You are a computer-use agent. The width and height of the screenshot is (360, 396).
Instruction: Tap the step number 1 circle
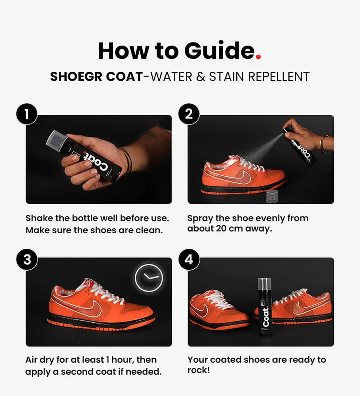click(27, 114)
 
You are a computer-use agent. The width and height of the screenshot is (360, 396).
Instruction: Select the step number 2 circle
click(189, 114)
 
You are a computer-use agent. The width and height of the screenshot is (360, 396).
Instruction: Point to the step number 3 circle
click(27, 259)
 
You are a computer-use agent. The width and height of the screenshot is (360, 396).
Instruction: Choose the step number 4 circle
click(189, 259)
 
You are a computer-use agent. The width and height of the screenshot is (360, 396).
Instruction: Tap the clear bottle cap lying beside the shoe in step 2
click(272, 197)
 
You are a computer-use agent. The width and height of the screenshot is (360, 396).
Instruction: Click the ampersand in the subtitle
click(200, 77)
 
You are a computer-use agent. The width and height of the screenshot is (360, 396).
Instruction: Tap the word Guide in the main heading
click(219, 50)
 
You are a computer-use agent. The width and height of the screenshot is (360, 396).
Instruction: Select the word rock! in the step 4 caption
click(199, 370)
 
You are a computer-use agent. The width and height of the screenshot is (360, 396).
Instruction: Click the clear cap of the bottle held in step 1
click(57, 141)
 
